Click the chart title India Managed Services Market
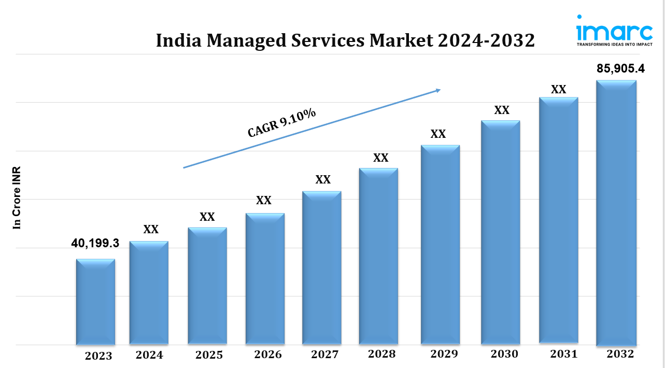tap(345, 40)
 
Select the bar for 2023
tap(95, 302)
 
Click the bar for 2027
tap(322, 267)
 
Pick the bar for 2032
tap(616, 213)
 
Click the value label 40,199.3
tap(95, 243)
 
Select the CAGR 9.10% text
tap(282, 123)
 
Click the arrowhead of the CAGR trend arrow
tap(437, 90)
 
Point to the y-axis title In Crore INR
tap(17, 198)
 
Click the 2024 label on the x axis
tap(149, 355)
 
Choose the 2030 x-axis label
tap(504, 354)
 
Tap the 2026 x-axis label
tap(268, 355)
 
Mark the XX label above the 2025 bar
tap(207, 217)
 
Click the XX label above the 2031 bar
tap(558, 89)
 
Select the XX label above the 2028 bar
tap(381, 158)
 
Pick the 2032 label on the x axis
tap(620, 354)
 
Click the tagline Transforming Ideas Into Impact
tap(614, 45)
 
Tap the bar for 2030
tap(500, 232)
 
